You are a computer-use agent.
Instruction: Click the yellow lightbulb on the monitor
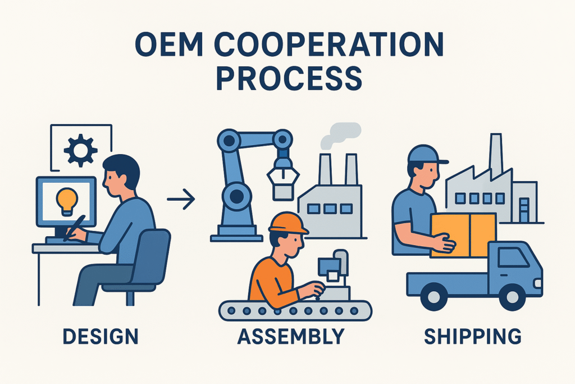[x=67, y=200]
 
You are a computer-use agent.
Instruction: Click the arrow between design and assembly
[x=181, y=198]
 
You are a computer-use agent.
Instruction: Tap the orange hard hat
[x=288, y=223]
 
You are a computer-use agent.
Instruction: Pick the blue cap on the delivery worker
[x=427, y=154]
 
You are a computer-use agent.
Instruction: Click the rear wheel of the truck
[x=433, y=296]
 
